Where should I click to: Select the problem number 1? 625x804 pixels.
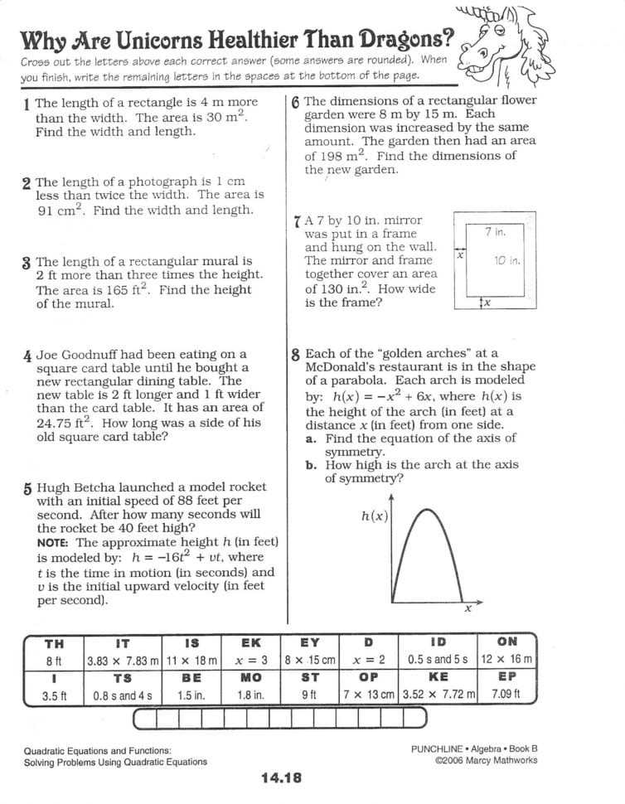pos(27,104)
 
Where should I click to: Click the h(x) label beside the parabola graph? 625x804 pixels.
pos(375,516)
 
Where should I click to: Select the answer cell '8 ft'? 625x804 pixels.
pos(54,661)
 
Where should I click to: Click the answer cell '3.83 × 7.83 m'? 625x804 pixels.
pos(123,661)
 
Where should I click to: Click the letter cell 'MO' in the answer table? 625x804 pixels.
pos(250,678)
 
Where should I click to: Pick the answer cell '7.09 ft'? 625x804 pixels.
pos(506,694)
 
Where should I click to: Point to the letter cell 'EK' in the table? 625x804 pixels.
pos(250,643)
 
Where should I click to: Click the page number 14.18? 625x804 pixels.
pos(281,777)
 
